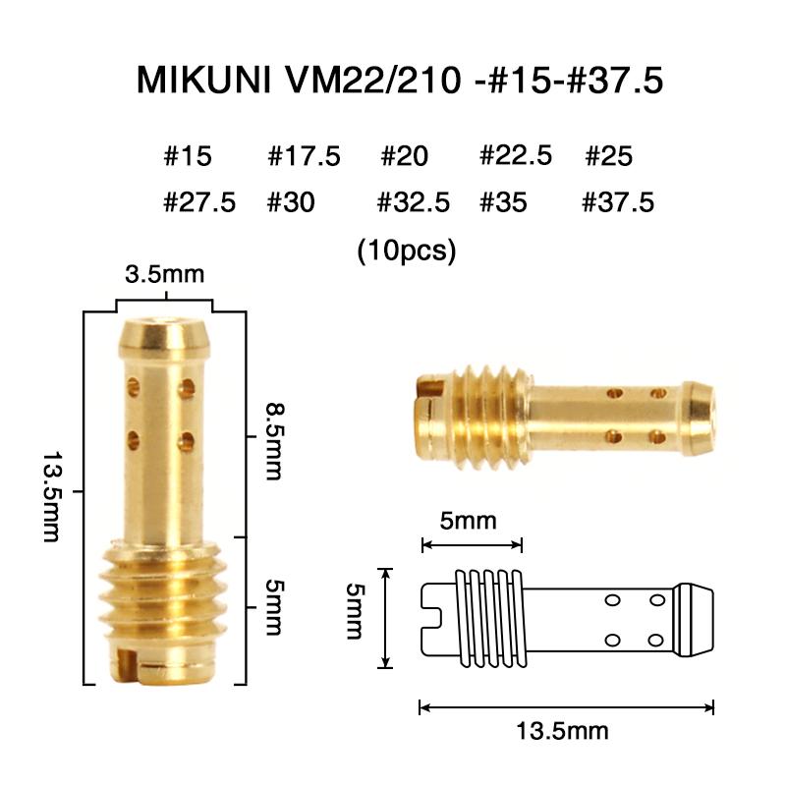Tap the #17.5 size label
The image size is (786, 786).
pyautogui.click(x=304, y=156)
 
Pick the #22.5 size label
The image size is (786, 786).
pyautogui.click(x=515, y=156)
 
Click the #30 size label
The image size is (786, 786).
pyautogui.click(x=291, y=203)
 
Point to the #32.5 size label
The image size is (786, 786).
pyautogui.click(x=414, y=203)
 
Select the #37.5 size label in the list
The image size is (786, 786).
pyautogui.click(x=618, y=203)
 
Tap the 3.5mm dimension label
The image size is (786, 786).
pyautogui.click(x=164, y=274)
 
